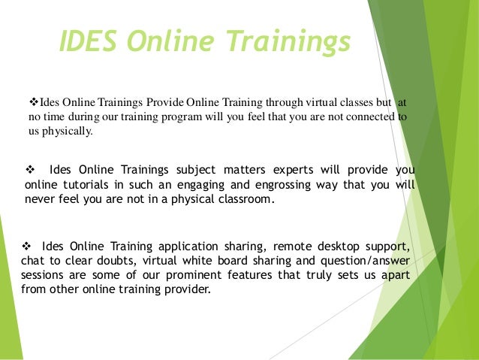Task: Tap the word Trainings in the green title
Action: click(294, 42)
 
